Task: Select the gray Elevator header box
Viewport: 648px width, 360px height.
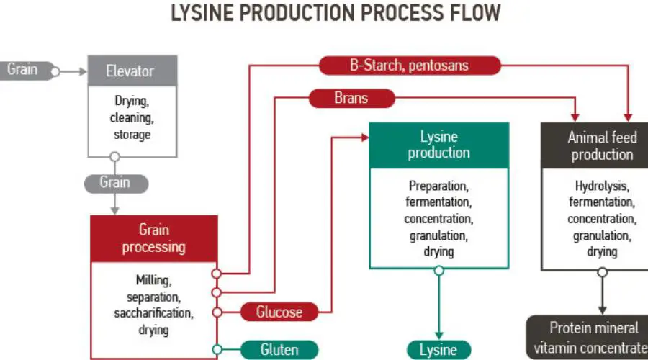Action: point(130,71)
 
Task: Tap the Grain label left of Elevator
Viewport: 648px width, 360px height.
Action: point(23,70)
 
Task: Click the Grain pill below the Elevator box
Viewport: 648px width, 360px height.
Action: point(115,183)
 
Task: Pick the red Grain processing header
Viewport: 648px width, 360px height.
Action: point(153,238)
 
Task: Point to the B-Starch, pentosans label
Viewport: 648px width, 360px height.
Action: point(409,66)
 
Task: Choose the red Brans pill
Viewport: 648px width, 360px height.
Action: point(351,99)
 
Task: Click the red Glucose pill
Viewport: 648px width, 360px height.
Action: point(279,312)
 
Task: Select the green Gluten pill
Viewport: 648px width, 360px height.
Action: point(279,350)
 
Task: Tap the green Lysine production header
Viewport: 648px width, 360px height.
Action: point(438,145)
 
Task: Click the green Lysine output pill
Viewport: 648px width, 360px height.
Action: point(438,350)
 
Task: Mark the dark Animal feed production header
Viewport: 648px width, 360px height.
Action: point(601,145)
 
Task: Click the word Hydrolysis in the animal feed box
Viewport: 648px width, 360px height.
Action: point(602,186)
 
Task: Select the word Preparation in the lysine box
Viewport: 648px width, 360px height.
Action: point(438,186)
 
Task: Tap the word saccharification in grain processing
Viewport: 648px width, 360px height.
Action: point(153,313)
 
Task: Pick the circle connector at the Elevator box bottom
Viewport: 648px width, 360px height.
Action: point(114,157)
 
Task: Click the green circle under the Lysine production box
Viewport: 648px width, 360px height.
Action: point(438,271)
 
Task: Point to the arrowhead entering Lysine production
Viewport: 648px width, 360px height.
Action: point(364,136)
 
